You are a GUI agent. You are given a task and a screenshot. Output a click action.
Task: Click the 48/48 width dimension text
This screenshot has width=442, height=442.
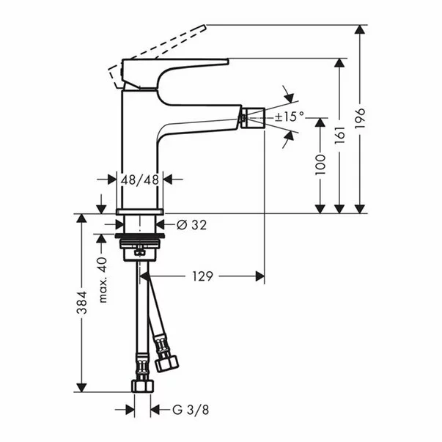coord(140,179)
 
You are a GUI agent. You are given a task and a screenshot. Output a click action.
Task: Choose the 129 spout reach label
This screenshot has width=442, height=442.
coord(202,276)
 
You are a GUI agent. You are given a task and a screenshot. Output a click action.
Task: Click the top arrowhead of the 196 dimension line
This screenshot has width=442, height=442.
coord(359,30)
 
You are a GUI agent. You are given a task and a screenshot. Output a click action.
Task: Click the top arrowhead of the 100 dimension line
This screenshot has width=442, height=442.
coord(320,121)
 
